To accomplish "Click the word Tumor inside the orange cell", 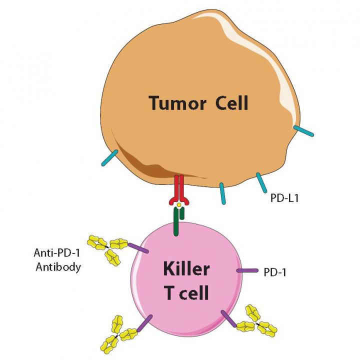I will tap(174, 103).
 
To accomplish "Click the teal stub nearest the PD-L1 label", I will tap(260, 182).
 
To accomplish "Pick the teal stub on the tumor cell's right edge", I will tap(303, 130).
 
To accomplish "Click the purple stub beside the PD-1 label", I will tap(246, 270).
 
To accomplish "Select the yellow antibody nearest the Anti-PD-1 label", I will tap(107, 248).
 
